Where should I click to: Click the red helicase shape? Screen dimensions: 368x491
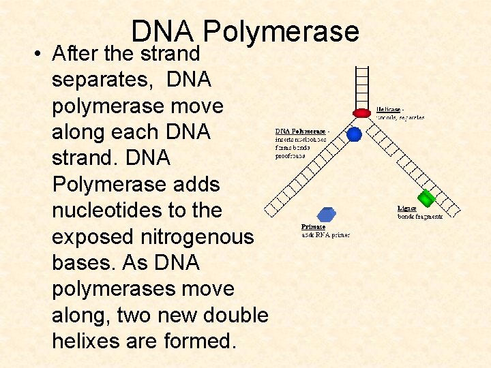point(361,112)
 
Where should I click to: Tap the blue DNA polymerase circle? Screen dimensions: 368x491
point(354,134)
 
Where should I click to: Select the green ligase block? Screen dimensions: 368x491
point(426,198)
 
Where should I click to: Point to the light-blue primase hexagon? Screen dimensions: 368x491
point(327,214)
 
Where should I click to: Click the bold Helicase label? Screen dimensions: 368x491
point(389,109)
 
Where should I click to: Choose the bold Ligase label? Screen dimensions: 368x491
point(407,209)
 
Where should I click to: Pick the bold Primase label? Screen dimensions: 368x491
point(314,227)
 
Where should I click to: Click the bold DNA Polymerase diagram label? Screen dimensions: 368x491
point(301,131)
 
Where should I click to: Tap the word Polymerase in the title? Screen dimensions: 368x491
point(281,31)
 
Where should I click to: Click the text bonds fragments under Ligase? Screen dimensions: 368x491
point(420,217)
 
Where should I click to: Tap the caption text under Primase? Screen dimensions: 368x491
point(325,235)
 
